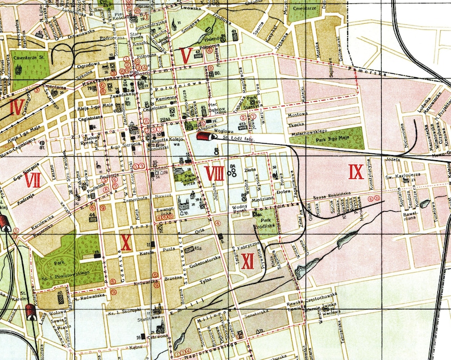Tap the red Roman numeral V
tap(185, 56)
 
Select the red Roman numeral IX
tap(356, 170)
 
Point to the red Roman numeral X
tap(126, 242)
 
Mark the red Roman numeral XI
tap(248, 261)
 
